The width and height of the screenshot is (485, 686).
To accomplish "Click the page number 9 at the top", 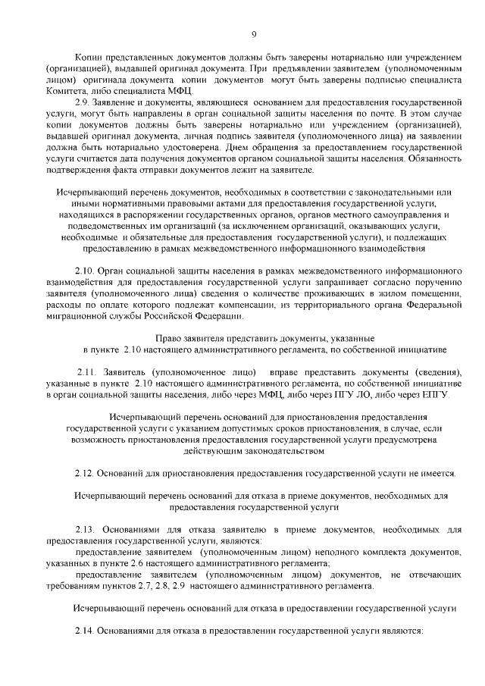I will [x=252, y=33].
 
